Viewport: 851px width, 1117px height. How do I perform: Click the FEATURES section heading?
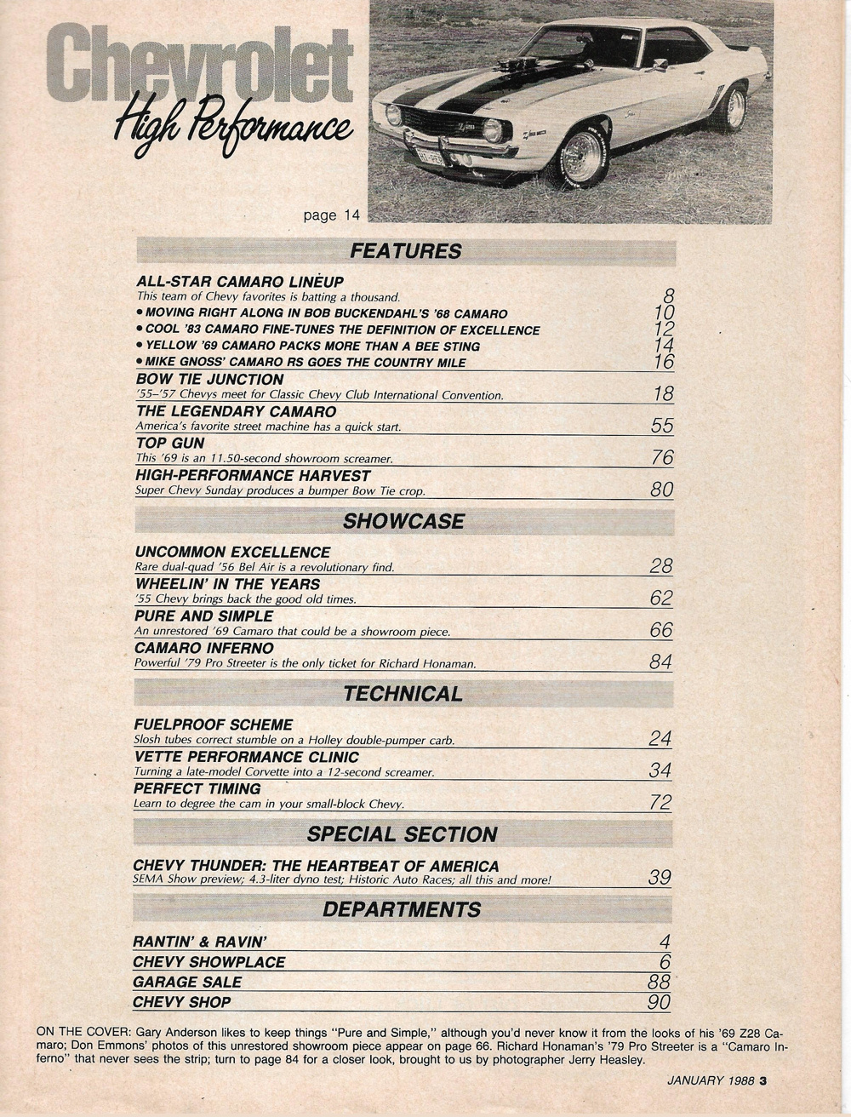click(x=405, y=251)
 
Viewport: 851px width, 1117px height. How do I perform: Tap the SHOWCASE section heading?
click(x=403, y=521)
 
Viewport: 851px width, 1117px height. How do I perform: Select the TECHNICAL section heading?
click(x=403, y=694)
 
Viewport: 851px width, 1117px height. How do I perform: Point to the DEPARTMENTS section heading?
click(x=402, y=909)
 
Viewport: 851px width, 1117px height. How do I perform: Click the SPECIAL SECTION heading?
click(x=402, y=834)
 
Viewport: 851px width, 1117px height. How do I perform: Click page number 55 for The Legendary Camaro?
click(x=661, y=426)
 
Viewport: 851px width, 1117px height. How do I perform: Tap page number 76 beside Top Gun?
click(x=662, y=458)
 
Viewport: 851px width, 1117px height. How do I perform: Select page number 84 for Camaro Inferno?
click(x=660, y=662)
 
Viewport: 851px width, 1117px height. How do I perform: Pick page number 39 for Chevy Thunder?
click(x=660, y=877)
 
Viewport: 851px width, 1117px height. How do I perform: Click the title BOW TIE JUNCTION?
click(x=210, y=380)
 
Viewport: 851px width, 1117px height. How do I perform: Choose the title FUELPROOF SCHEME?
click(x=214, y=725)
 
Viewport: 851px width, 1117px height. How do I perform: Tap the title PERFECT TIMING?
click(x=197, y=788)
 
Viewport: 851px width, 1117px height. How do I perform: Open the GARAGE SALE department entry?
click(x=187, y=982)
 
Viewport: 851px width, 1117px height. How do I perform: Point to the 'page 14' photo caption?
click(x=332, y=215)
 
